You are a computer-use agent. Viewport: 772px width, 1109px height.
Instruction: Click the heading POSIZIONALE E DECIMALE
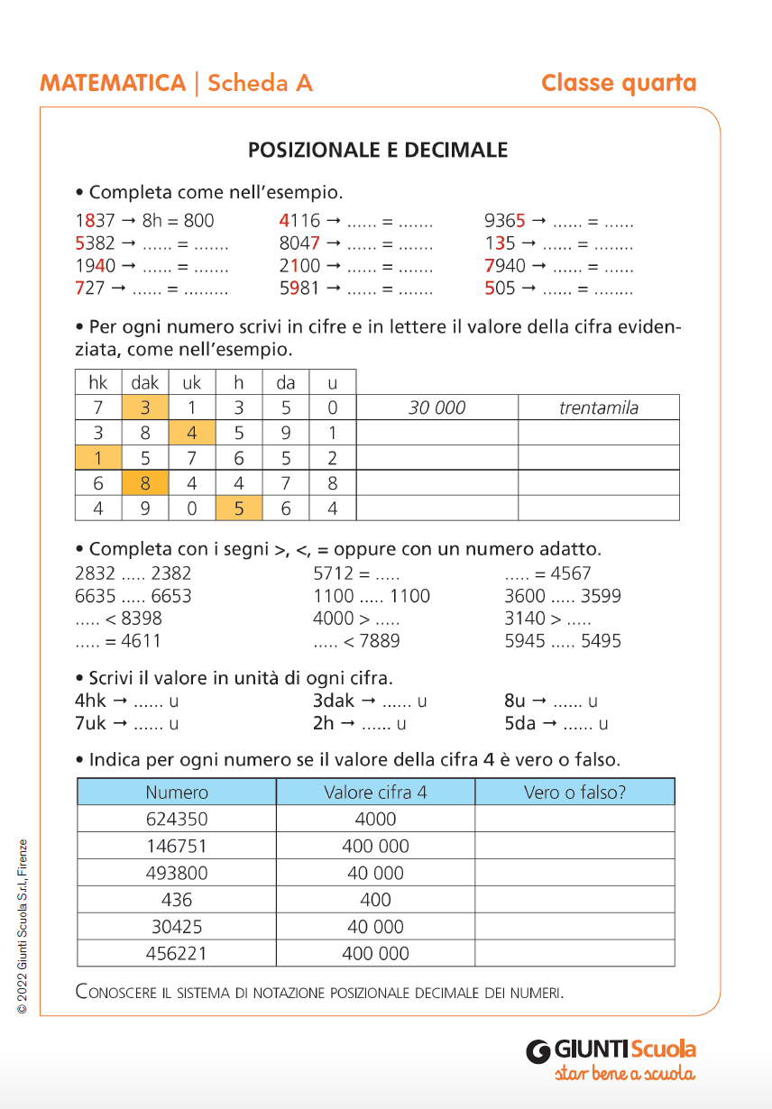click(x=378, y=151)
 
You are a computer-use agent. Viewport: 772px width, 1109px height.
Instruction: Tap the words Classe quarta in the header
click(x=619, y=84)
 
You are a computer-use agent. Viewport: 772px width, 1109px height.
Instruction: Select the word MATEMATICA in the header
click(x=113, y=84)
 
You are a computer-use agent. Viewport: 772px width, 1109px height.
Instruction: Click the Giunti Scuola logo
click(x=611, y=1059)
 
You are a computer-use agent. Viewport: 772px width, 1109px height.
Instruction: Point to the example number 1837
click(x=95, y=221)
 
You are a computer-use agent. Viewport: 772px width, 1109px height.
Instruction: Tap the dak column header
click(x=145, y=382)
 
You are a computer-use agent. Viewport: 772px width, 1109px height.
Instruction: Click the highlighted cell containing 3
click(x=145, y=408)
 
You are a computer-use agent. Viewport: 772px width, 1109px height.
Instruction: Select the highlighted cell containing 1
click(x=98, y=457)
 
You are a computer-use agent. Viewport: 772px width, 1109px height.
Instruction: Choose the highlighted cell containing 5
click(x=239, y=509)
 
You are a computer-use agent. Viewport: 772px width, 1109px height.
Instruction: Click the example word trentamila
click(x=598, y=408)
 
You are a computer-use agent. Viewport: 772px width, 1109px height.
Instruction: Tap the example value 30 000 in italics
click(x=437, y=408)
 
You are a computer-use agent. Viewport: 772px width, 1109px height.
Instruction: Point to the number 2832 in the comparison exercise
click(x=95, y=573)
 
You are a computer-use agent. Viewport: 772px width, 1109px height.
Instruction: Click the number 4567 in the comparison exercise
click(x=571, y=573)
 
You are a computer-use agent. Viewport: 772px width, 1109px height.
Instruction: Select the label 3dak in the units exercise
click(x=333, y=701)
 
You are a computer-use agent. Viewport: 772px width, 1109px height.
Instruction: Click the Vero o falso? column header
click(x=574, y=793)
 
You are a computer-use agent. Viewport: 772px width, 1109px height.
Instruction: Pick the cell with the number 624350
click(x=177, y=819)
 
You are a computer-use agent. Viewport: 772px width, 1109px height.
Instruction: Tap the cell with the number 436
click(x=177, y=900)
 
